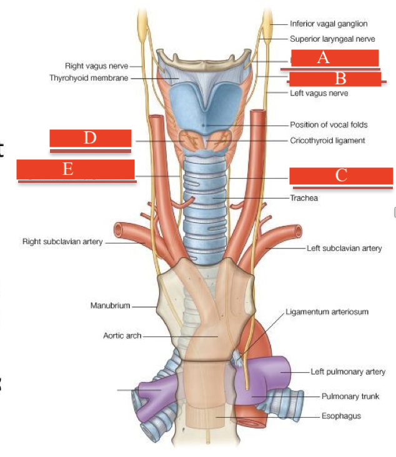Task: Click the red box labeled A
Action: pos(335,58)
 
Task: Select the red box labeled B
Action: pos(335,79)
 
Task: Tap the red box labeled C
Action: pos(341,176)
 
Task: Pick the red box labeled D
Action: pos(91,139)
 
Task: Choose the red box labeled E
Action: pos(75,169)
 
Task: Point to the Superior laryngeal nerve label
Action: pos(332,39)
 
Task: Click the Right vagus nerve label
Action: pos(96,66)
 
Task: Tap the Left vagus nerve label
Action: pos(319,94)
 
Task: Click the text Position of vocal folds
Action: pos(329,125)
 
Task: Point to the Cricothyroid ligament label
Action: pos(327,140)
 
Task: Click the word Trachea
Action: pos(304,198)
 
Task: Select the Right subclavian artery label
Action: pos(62,241)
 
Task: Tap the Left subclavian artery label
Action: pos(344,248)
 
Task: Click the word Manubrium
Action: pos(110,306)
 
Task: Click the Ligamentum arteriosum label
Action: pos(325,311)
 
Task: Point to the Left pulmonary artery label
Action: pos(348,372)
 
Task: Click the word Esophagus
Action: pos(341,416)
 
